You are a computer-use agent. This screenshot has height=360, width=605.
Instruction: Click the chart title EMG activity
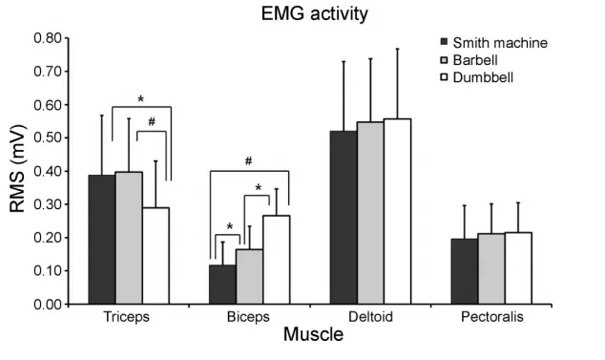pos(315,14)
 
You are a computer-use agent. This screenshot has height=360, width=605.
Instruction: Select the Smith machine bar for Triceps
pos(102,240)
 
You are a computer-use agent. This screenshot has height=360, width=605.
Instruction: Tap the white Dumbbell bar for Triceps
pos(156,256)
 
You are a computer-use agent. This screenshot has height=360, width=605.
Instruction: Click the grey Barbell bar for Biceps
pos(249,277)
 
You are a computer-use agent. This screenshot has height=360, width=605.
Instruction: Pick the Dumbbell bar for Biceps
pos(277,260)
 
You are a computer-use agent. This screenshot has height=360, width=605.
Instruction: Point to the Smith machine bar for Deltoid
pos(344,218)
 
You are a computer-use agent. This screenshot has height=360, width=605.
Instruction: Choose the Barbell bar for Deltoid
pos(370,213)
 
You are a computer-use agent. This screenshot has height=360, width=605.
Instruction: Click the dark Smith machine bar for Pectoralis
pos(465,271)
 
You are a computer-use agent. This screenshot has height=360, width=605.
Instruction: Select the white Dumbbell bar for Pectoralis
pos(518,268)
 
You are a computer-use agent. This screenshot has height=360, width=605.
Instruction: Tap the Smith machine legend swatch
pos(444,41)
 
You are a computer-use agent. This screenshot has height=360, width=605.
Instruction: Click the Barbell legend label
pos(475,60)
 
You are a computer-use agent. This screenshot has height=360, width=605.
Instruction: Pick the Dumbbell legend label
pos(483,77)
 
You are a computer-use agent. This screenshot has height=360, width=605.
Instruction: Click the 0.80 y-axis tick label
pos(48,38)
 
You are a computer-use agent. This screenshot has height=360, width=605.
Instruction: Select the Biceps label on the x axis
pos(248,317)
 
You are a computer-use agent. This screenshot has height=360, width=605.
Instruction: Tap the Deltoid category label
pos(370,317)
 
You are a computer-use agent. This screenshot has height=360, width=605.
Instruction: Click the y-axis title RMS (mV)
pos(17,168)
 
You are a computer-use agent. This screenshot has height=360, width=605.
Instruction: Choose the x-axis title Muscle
pos(313,334)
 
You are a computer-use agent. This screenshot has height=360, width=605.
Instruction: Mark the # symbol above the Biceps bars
pos(248,161)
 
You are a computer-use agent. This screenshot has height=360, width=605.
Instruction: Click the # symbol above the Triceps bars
pos(152,122)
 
